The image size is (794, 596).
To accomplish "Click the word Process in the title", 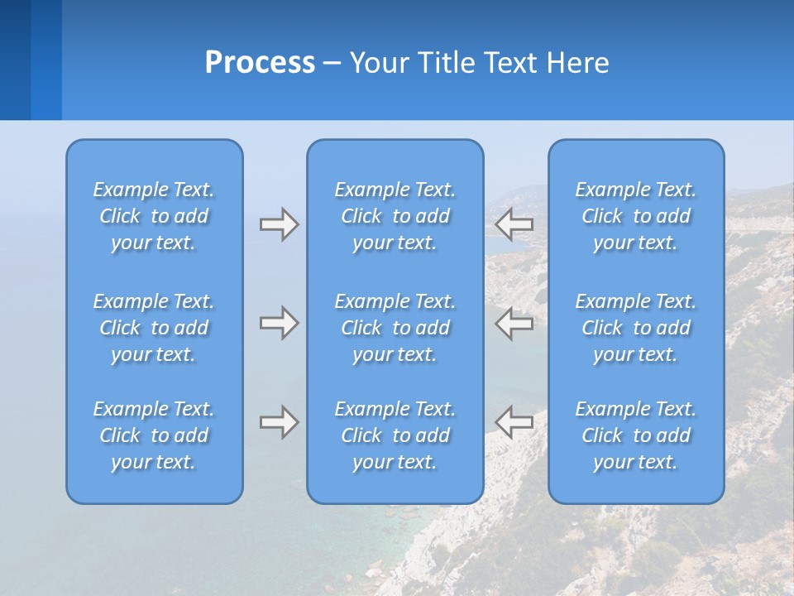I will point(260,63).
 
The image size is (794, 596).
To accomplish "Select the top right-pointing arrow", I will point(279,224).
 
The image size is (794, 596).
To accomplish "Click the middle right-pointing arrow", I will point(279,323).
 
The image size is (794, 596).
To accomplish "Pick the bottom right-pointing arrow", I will point(279,422).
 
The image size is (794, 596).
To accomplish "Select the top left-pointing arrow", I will point(514,223).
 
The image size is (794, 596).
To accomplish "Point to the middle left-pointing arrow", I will point(514,323).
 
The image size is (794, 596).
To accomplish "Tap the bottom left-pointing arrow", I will point(514,422).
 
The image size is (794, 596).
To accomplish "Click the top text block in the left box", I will point(154,216).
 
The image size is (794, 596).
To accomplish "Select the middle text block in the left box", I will point(154,328).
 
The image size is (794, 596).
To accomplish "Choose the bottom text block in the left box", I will point(154,435).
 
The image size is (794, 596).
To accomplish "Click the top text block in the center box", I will point(395,216).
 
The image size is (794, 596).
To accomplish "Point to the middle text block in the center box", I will point(395,328).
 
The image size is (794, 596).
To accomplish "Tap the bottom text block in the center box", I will point(395,435).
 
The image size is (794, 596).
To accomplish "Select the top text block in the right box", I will point(636,216).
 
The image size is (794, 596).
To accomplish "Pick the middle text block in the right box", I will point(636,328).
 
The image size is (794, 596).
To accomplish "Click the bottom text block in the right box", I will point(636,435).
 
